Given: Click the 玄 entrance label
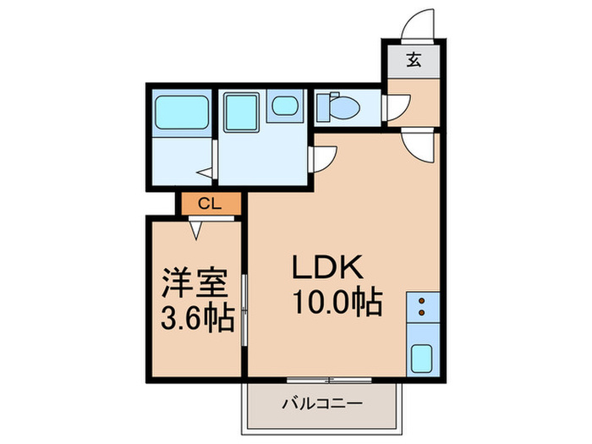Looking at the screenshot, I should pos(414,60).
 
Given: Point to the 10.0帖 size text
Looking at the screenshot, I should pos(336,301).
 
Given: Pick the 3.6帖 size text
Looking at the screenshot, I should pos(196,321).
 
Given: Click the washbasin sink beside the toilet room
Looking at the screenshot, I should pos(286,107).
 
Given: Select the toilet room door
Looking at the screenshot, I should pos(395,107).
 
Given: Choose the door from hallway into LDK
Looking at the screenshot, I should pos(418,144).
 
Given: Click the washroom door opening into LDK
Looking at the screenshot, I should pos(324,158).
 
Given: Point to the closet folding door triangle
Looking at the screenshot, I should pos(196,226).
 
